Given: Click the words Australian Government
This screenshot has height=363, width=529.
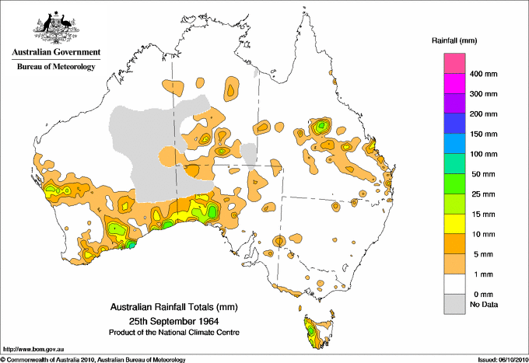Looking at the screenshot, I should coord(54,53).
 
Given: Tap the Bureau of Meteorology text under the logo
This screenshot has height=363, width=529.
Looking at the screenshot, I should coord(55,67).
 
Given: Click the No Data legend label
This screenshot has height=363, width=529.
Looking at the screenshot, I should coord(483,304).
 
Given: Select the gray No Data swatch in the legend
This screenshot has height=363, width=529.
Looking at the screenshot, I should coord(454,304).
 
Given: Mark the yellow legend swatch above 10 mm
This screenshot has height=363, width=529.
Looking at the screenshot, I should coord(454,224).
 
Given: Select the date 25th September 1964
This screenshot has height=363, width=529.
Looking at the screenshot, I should coord(173,320).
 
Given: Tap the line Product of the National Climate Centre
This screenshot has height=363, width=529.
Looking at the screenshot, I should coord(173,332).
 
